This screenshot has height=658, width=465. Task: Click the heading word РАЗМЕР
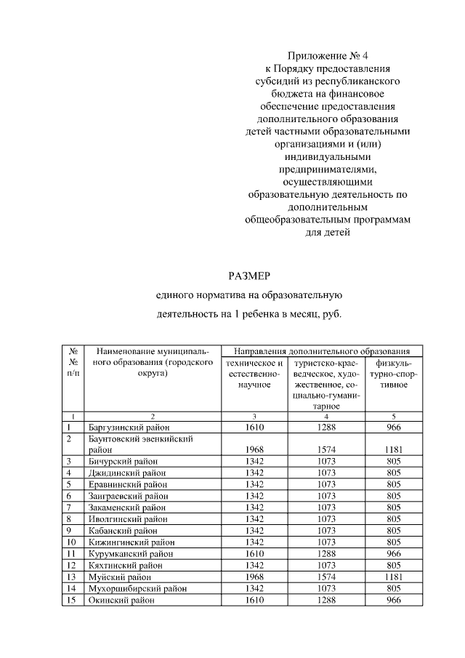pos(249,276)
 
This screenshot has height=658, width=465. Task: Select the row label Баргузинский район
pos(126,428)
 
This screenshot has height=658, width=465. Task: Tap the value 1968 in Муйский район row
pos(254,576)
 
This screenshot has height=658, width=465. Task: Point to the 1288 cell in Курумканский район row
pos(327,553)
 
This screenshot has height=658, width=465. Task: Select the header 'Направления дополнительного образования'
pos(318,350)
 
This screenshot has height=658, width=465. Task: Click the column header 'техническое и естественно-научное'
pos(254,373)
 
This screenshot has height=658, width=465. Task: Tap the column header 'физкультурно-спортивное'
pos(394,373)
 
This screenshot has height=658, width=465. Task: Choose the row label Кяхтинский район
pos(122,564)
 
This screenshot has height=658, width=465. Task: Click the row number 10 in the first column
pos(71,541)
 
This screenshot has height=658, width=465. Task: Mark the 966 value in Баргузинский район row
pos(394,428)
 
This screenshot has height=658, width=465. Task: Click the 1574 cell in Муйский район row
pos(327,576)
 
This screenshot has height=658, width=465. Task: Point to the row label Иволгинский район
pos(124,518)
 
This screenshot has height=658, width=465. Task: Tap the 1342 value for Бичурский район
pos(254,461)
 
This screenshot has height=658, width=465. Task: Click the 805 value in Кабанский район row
pos(394,530)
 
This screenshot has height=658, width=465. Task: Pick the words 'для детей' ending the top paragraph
pos(327,233)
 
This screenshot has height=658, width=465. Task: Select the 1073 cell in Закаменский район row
pos(327,507)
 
